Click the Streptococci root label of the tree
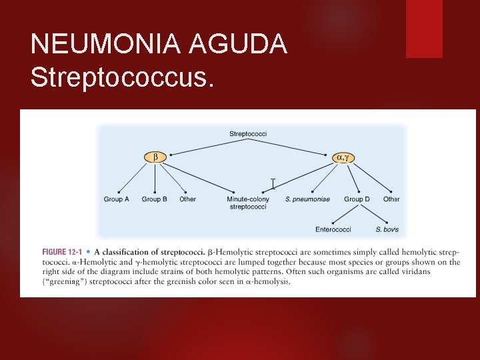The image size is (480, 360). click(248, 134)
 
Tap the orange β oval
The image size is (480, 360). click(155, 157)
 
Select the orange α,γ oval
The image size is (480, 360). click(343, 157)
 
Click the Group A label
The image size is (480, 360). click(117, 199)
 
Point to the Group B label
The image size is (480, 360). click(155, 199)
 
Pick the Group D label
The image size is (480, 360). click(357, 199)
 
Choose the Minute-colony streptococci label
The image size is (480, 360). click(248, 203)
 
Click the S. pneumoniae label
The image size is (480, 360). click(307, 199)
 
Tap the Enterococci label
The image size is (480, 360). click(333, 230)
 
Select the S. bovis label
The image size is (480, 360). click(387, 230)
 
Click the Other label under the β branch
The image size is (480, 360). click(188, 199)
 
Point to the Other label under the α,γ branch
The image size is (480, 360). click(391, 199)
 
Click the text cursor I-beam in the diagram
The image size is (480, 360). click(273, 183)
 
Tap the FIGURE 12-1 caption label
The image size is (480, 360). click(62, 252)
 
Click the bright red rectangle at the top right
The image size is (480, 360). click(424, 29)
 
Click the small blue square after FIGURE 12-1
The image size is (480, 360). click(89, 252)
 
